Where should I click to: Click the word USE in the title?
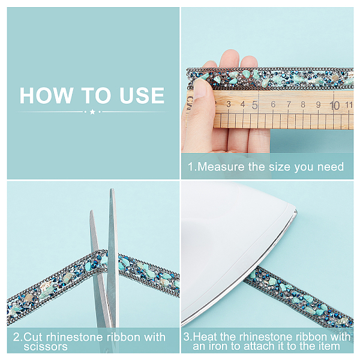[x=142, y=95]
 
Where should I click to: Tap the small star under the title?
[x=92, y=112]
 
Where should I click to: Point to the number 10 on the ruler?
[x=335, y=106]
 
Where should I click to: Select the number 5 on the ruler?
[x=255, y=105]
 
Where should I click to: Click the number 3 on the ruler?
[x=229, y=104]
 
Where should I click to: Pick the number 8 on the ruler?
[x=303, y=104]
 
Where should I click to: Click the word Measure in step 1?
[x=221, y=167]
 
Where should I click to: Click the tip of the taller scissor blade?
[x=112, y=190]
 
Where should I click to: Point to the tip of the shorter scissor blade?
[x=92, y=211]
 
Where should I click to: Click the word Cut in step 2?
[x=33, y=337]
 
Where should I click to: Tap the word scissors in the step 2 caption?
[x=46, y=347]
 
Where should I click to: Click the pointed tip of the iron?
[x=296, y=211]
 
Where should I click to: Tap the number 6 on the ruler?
[x=273, y=104]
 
